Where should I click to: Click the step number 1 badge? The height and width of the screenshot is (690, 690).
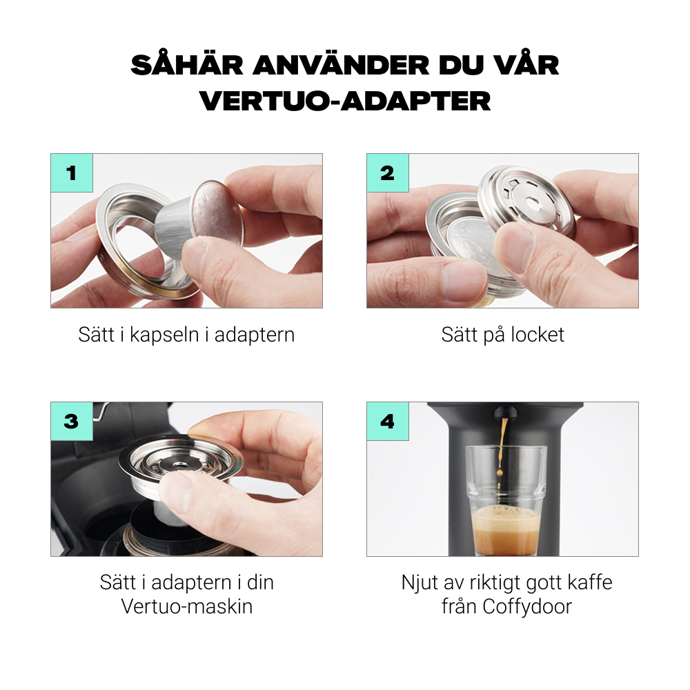pos(71,173)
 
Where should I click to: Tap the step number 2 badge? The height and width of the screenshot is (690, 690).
pos(387,173)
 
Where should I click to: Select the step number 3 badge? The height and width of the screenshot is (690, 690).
pos(71,422)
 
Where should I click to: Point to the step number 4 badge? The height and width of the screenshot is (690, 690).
pos(387,422)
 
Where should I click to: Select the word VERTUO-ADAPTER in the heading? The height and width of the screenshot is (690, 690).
pos(345,101)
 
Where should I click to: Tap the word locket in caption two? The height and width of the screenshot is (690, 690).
pos(538,335)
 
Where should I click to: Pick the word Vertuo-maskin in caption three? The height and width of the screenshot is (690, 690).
pos(186,607)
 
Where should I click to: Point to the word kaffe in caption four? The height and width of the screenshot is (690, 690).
pos(587,582)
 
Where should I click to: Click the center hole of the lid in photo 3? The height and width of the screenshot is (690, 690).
pos(177,464)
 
